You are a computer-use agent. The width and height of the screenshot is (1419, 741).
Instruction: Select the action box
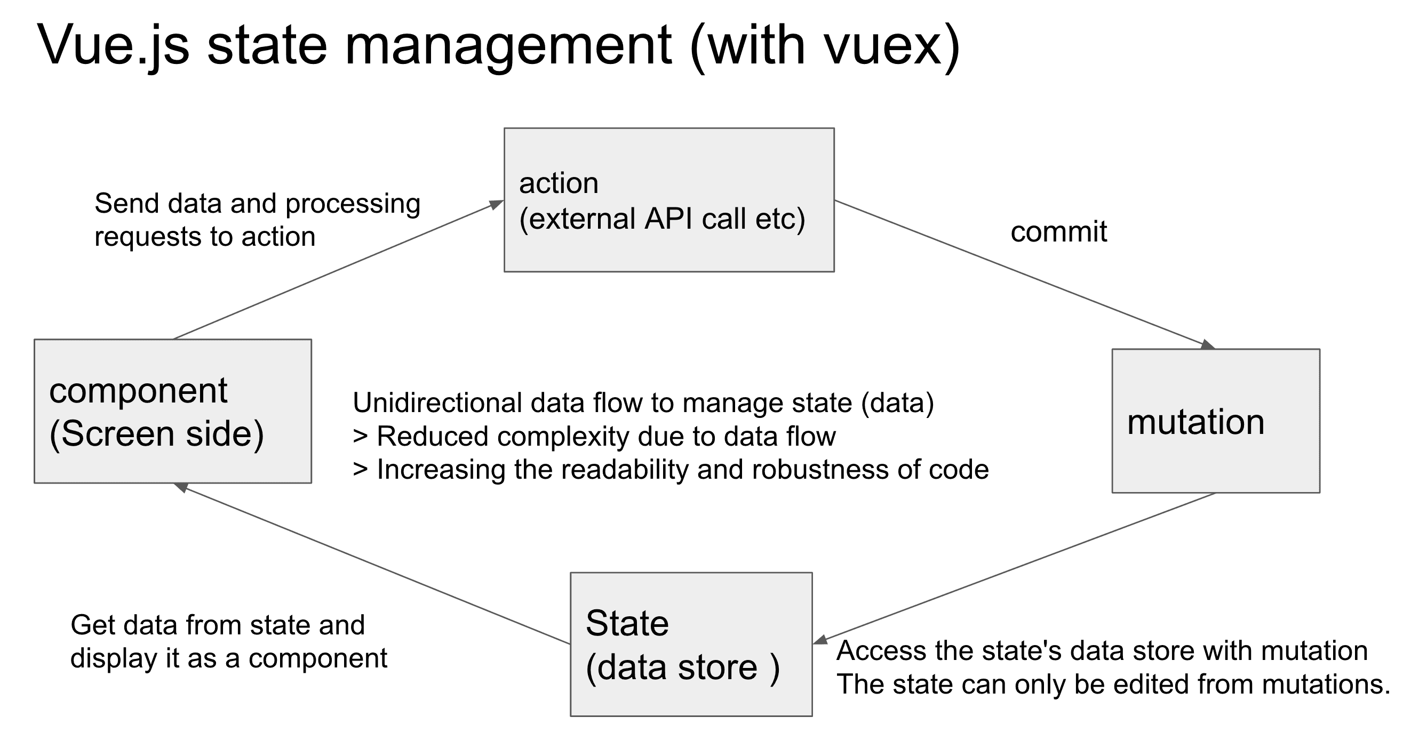tap(669, 200)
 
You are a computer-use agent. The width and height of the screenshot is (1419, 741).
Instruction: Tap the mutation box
tap(1216, 421)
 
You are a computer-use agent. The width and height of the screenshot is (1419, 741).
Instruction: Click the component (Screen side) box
tap(173, 411)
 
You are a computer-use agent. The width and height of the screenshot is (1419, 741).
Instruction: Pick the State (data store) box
tap(691, 644)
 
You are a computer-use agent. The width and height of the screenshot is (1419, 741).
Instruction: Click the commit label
tap(1059, 232)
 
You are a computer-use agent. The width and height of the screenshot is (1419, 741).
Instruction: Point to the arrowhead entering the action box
tap(497, 205)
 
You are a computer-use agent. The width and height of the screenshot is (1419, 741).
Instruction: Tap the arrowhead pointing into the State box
tap(821, 640)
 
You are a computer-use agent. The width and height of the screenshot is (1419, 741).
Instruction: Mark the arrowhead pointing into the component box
tap(181, 487)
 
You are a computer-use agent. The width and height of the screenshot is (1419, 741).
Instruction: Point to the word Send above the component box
tap(127, 204)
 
